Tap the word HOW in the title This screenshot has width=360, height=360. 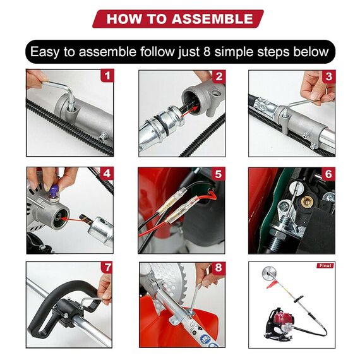tap(124, 18)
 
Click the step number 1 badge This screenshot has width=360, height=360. tap(108, 76)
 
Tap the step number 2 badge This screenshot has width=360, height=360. tap(219, 76)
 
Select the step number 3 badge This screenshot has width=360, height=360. tap(328, 76)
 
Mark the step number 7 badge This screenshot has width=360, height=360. tap(108, 267)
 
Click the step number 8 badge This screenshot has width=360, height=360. tap(219, 267)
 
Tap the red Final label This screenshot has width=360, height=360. tap(325, 265)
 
